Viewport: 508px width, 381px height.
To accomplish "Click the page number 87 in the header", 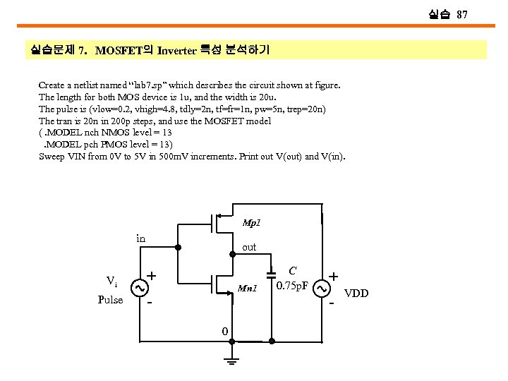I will [462, 14].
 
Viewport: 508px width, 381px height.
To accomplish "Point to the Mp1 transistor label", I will [252, 223].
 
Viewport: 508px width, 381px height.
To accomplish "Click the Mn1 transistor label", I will [247, 288].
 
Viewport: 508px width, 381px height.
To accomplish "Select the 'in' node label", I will [140, 238].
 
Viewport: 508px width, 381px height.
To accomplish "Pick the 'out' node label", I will [249, 248].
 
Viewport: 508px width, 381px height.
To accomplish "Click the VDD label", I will [356, 294].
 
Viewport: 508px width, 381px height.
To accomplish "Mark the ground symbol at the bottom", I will [229, 361].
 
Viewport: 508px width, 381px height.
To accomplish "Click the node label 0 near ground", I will [224, 332].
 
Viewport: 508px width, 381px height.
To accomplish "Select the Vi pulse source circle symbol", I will [140, 288].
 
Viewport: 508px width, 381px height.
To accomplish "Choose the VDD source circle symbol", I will [322, 289].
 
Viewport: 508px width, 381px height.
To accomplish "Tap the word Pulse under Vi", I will [111, 299].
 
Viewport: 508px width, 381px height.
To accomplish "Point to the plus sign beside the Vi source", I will [152, 276].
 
